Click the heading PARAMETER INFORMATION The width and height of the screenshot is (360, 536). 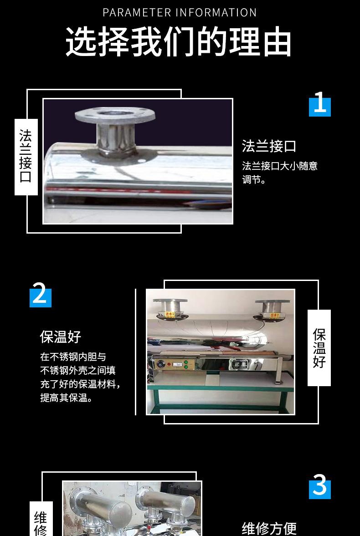180,12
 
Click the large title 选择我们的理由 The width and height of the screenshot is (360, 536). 179,42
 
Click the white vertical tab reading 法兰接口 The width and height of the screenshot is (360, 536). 26,157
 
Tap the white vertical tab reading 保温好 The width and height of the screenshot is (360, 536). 319,348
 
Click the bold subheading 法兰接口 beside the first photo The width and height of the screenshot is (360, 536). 269,146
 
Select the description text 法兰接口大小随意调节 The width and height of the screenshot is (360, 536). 279,173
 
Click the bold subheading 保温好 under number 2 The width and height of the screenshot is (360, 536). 60,337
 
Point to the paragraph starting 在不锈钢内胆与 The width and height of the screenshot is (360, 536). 80,377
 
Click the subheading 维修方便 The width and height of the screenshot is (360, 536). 269,528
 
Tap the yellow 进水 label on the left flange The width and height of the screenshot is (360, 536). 170,314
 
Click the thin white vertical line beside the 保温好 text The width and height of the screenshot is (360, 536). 136,352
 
